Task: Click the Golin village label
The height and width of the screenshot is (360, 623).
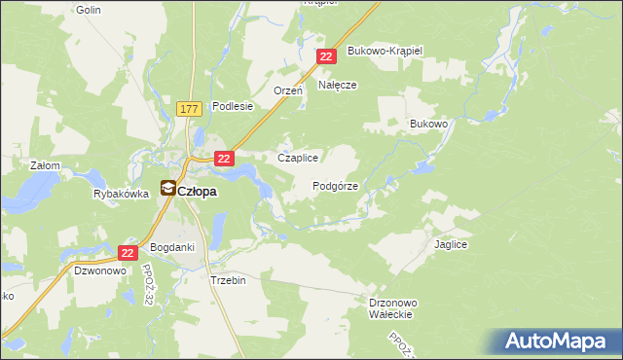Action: (88, 9)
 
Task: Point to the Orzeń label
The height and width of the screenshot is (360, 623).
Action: (289, 90)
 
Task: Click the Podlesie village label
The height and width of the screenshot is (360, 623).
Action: (233, 106)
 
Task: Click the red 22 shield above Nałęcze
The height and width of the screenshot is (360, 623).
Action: (326, 57)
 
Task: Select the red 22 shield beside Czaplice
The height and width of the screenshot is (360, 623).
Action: (225, 158)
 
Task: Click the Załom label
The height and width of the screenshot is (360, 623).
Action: (45, 165)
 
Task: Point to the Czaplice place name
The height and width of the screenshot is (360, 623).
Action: (299, 158)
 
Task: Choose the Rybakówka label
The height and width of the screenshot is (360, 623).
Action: (121, 194)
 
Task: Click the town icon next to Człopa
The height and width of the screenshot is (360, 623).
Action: (167, 190)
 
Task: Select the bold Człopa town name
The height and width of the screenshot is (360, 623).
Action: (198, 191)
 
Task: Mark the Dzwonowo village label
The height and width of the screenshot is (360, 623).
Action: (101, 271)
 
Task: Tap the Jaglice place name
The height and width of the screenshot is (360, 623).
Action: (452, 245)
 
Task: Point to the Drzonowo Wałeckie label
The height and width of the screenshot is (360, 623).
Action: (394, 308)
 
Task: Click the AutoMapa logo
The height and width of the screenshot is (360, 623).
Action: (556, 341)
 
